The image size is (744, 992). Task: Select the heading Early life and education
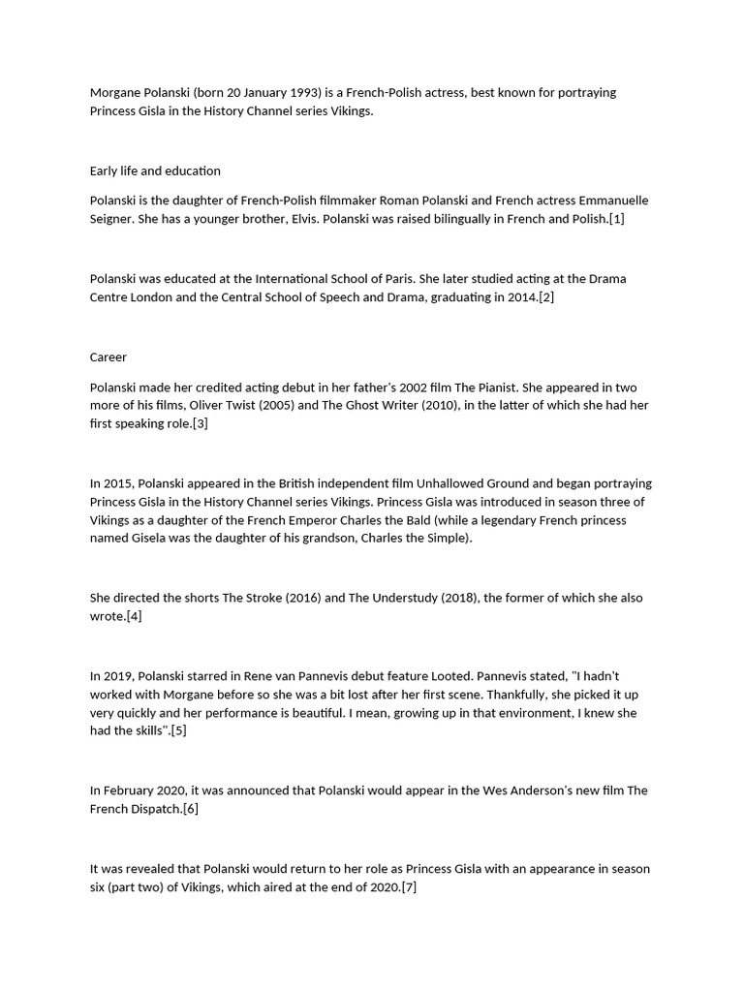pyautogui.click(x=155, y=171)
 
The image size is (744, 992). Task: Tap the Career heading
pyautogui.click(x=108, y=357)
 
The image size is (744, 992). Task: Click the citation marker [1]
pyautogui.click(x=616, y=219)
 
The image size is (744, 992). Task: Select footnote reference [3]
pyautogui.click(x=200, y=424)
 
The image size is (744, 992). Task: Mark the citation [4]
pyautogui.click(x=134, y=616)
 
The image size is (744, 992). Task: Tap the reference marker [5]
pyautogui.click(x=178, y=731)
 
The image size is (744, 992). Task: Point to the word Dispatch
pyautogui.click(x=155, y=809)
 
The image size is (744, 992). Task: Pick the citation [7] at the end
pyautogui.click(x=409, y=887)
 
